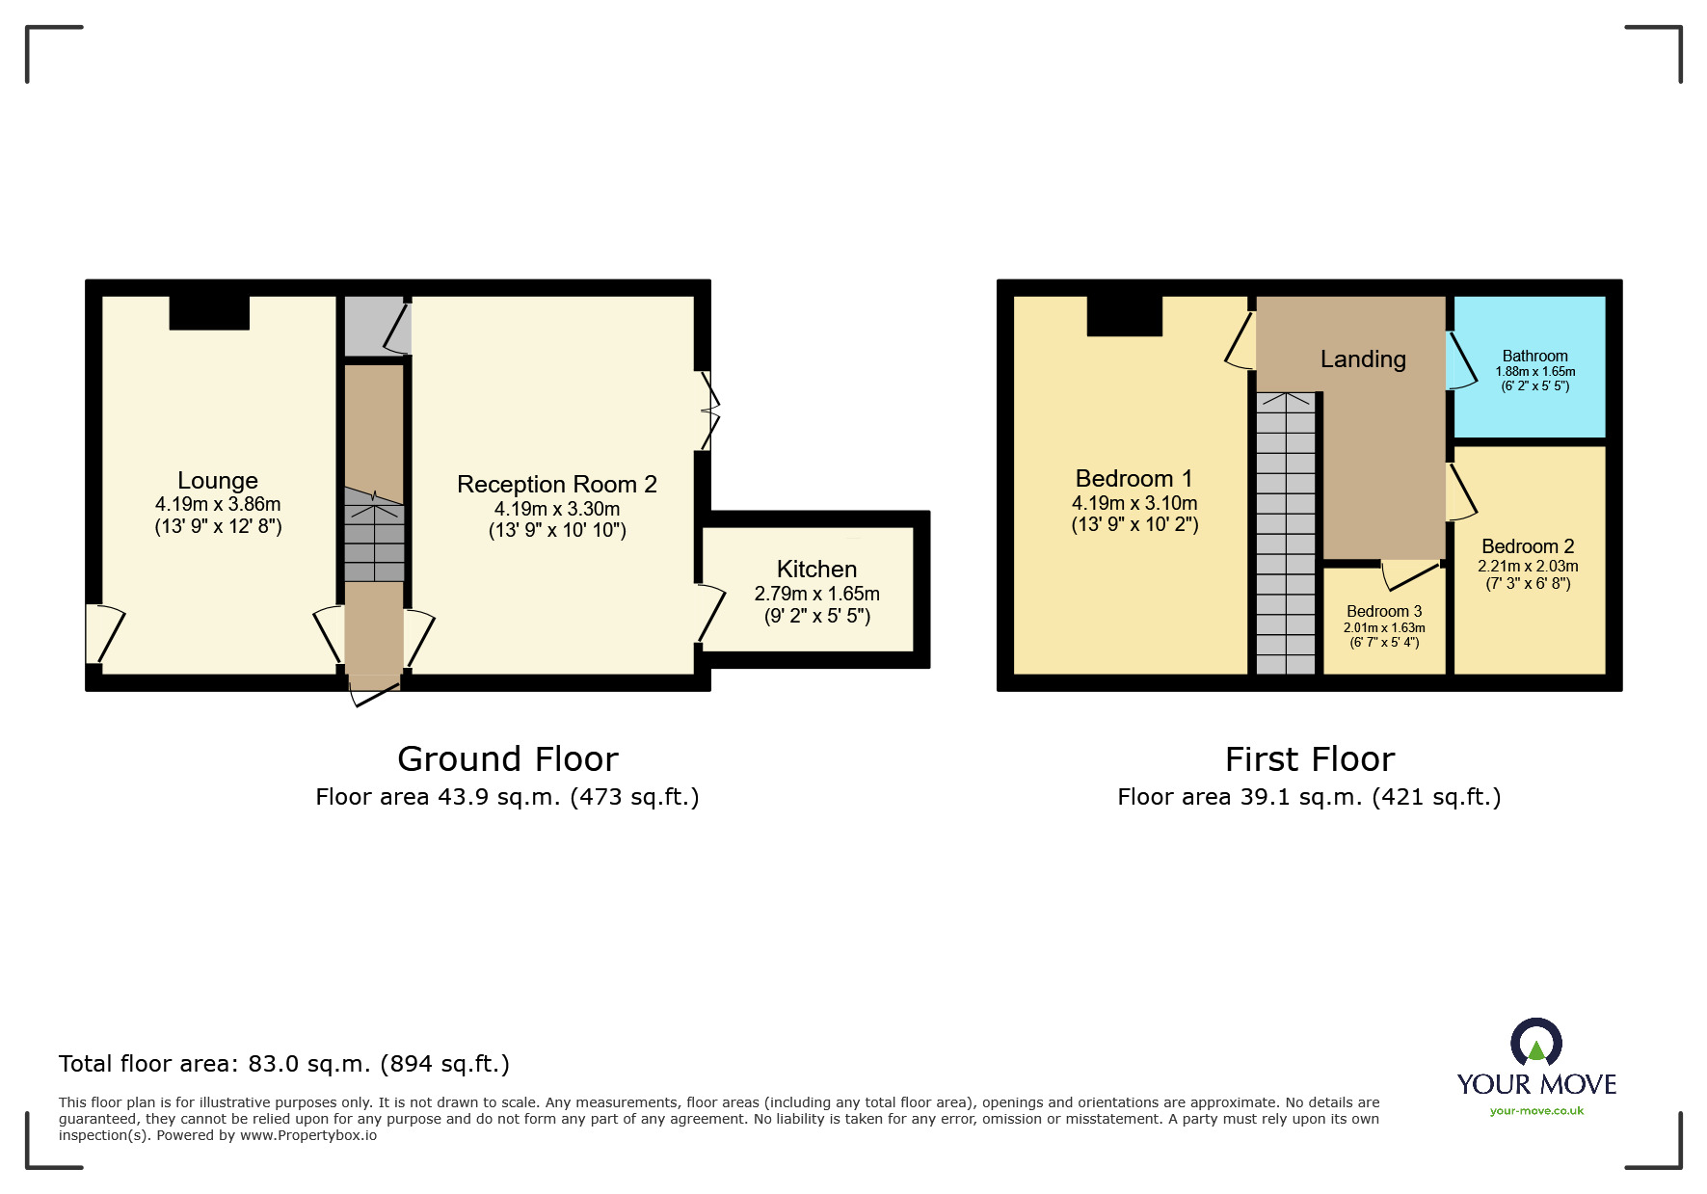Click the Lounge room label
point(218,480)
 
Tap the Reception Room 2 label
point(557,484)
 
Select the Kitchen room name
point(817,569)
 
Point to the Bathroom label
point(1535,356)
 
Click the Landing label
point(1363,359)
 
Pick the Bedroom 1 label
point(1134,478)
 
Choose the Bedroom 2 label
point(1528,546)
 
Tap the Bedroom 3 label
point(1384,611)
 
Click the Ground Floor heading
point(508,759)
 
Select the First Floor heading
point(1310,759)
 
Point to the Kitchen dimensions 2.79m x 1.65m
point(817,594)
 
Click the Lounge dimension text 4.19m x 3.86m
point(218,504)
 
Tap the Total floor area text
point(284,1064)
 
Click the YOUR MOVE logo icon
point(1536,1044)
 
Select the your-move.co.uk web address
point(1536,1111)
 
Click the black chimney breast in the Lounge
point(209,312)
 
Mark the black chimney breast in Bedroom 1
point(1125,316)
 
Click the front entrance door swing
point(374,691)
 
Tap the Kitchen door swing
point(711,612)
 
